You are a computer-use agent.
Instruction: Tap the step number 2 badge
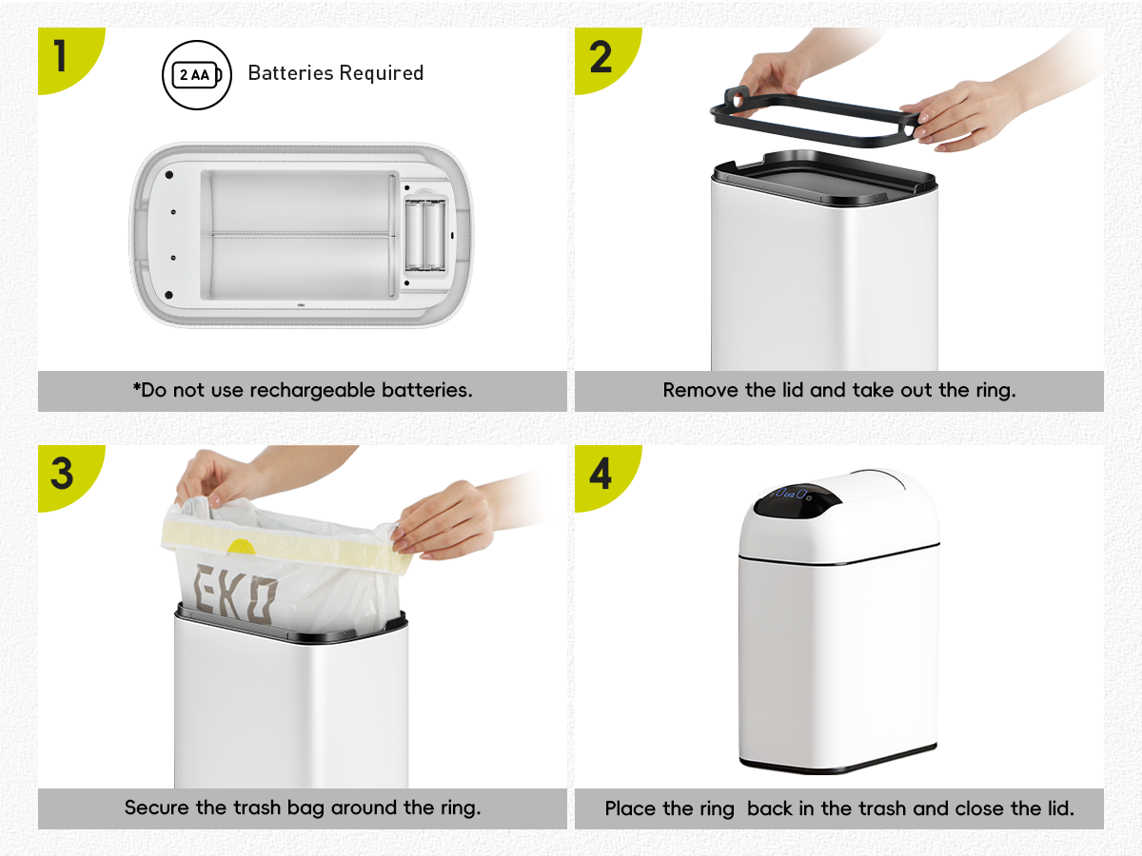(602, 57)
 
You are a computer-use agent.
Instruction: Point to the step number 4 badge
(602, 475)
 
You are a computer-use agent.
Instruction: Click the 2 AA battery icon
(197, 75)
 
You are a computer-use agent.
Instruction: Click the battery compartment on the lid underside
(425, 235)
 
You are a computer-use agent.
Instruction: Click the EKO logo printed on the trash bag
(235, 593)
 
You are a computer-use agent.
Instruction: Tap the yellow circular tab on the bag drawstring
(242, 547)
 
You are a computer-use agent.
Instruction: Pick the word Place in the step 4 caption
(630, 808)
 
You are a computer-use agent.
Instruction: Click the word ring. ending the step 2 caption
(995, 391)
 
